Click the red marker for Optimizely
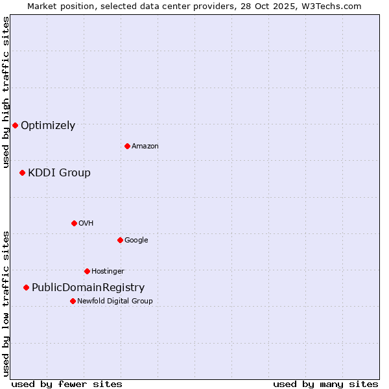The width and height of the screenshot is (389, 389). tap(15, 125)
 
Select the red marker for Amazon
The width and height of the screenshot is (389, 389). tap(127, 146)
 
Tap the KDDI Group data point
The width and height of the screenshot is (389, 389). tap(22, 172)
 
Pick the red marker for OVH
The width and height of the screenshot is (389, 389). tap(74, 223)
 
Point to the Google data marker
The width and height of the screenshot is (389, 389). tap(120, 240)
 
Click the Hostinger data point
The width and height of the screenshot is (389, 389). tap(87, 271)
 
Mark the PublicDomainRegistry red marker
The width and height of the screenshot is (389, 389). tap(26, 287)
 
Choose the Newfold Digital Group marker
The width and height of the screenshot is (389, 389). tap(73, 301)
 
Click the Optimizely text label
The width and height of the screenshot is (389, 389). tap(48, 126)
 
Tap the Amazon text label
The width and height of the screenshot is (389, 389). tap(145, 147)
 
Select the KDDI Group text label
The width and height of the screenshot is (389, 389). tap(59, 173)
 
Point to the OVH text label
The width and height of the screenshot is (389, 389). tap(86, 224)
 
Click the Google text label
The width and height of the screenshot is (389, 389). tap(136, 241)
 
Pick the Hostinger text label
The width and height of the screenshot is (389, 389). tap(108, 272)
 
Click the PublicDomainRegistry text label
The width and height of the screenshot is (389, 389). tap(88, 288)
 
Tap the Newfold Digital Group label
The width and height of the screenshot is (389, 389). tap(115, 301)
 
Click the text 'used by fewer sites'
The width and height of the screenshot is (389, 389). tap(67, 384)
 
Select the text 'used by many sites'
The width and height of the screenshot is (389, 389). tap(325, 384)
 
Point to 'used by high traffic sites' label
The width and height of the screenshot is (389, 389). tap(6, 92)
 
